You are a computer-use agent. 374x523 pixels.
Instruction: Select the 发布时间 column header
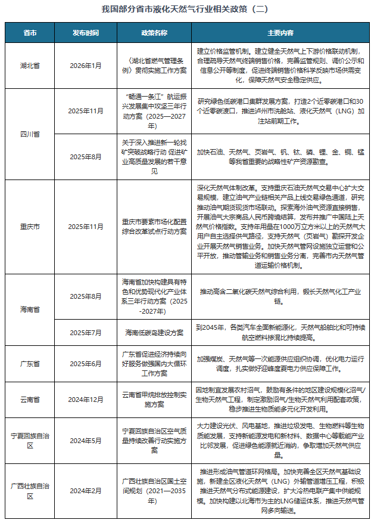pyautogui.click(x=86, y=32)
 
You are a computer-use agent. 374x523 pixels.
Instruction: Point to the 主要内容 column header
pyautogui.click(x=280, y=32)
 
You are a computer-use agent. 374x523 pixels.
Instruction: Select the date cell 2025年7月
pyautogui.click(x=86, y=332)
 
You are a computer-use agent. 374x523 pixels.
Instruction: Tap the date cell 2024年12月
pyautogui.click(x=86, y=398)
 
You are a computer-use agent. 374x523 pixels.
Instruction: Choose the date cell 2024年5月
pyautogui.click(x=86, y=441)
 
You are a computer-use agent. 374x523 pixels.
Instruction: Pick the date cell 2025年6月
pyautogui.click(x=86, y=363)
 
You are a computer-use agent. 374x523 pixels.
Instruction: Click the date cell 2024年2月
pyautogui.click(x=86, y=491)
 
